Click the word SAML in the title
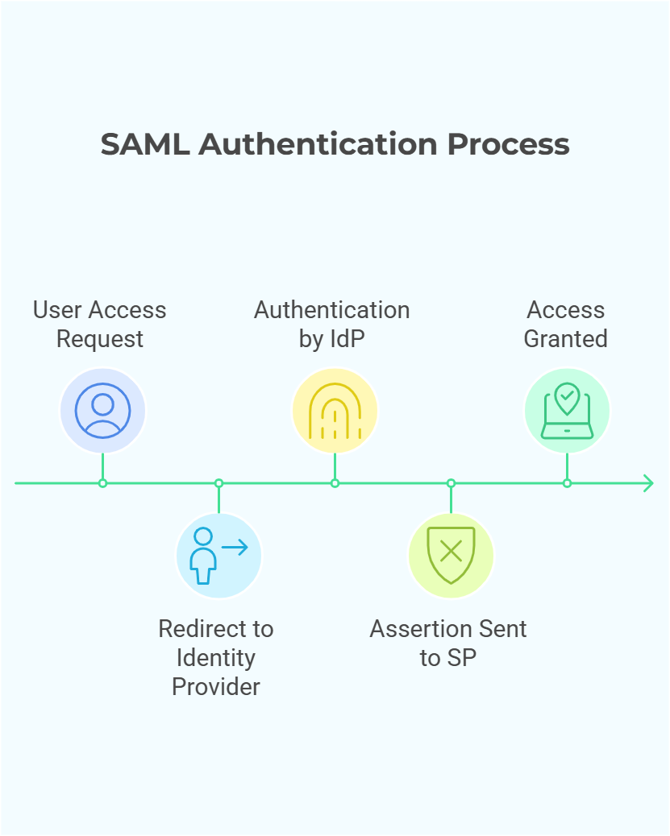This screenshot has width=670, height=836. pyautogui.click(x=145, y=144)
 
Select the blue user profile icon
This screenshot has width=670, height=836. pyautogui.click(x=102, y=411)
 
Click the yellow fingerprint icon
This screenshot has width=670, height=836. pyautogui.click(x=335, y=411)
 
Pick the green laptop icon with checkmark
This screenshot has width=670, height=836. pyautogui.click(x=567, y=411)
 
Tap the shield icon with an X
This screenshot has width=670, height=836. pyautogui.click(x=451, y=555)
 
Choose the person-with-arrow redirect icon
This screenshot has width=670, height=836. pyautogui.click(x=218, y=555)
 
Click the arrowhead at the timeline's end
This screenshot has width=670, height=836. pyautogui.click(x=647, y=483)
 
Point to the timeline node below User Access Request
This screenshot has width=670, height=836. pyautogui.click(x=102, y=483)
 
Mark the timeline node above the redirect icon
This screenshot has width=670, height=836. pyautogui.click(x=218, y=483)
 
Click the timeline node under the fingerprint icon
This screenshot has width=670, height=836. pyautogui.click(x=335, y=483)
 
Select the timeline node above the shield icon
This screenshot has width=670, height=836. pyautogui.click(x=451, y=483)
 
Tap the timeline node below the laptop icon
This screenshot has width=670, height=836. pyautogui.click(x=567, y=483)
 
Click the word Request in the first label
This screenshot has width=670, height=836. pyautogui.click(x=100, y=339)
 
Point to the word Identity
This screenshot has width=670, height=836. pyautogui.click(x=215, y=658)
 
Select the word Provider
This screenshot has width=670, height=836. pyautogui.click(x=215, y=687)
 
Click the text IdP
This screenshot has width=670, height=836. pyautogui.click(x=347, y=339)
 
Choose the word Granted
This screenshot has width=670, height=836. pyautogui.click(x=565, y=339)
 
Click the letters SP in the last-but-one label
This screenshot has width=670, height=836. pyautogui.click(x=462, y=658)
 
